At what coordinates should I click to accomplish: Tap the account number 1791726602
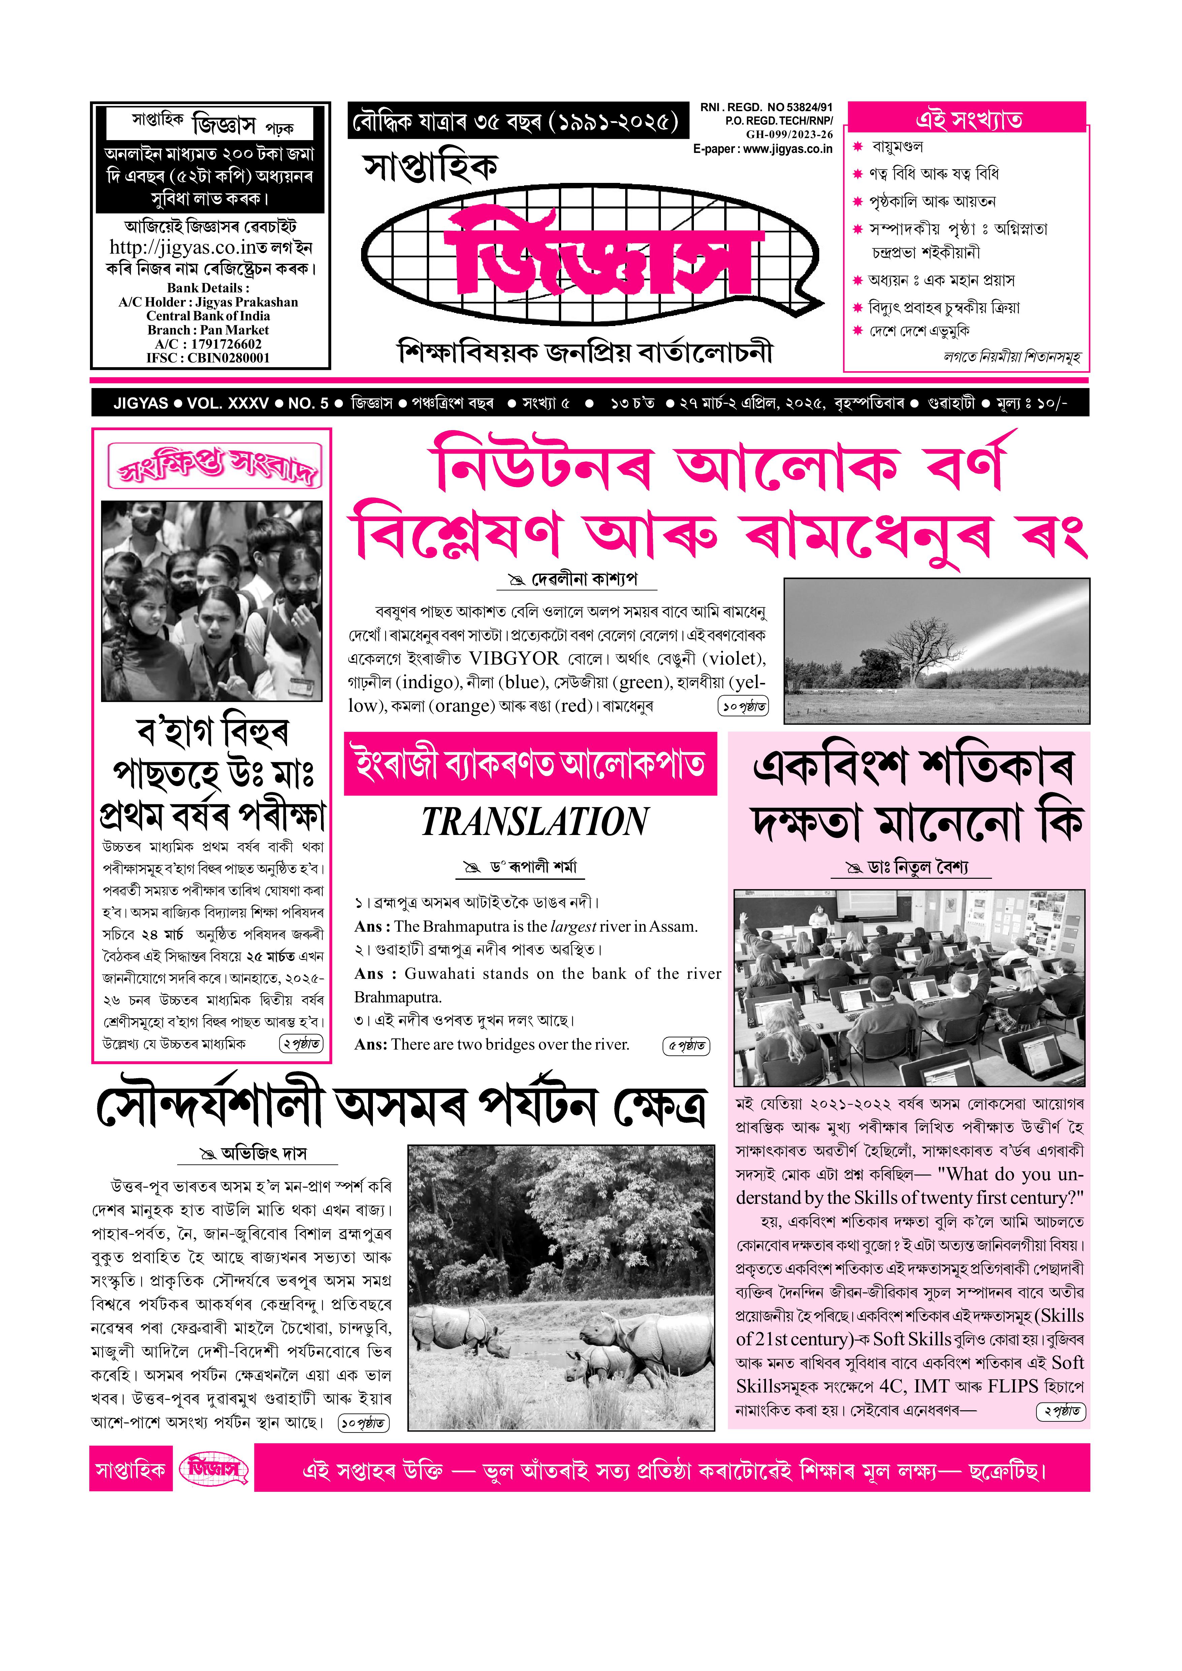point(226,344)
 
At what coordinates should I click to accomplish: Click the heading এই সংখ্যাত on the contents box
point(968,119)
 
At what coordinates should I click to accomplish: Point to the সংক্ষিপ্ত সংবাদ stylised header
point(213,466)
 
